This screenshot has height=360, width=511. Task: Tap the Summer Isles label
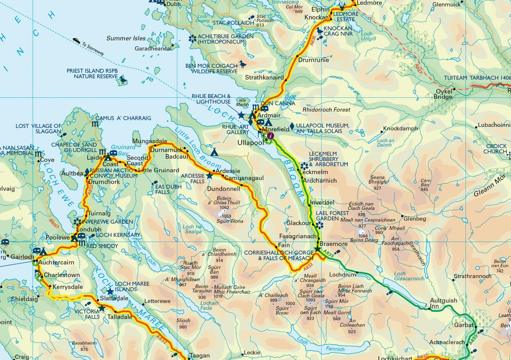pyautogui.click(x=126, y=38)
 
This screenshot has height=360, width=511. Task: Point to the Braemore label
pyautogui.click(x=333, y=244)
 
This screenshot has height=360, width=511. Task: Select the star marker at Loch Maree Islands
pyautogui.click(x=110, y=292)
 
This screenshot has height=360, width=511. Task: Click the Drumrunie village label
pyautogui.click(x=313, y=60)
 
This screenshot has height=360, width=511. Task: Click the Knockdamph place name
pyautogui.click(x=400, y=129)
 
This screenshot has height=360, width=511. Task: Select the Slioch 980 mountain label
pyautogui.click(x=183, y=324)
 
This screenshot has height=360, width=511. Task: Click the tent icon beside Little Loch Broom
pyautogui.click(x=214, y=152)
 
